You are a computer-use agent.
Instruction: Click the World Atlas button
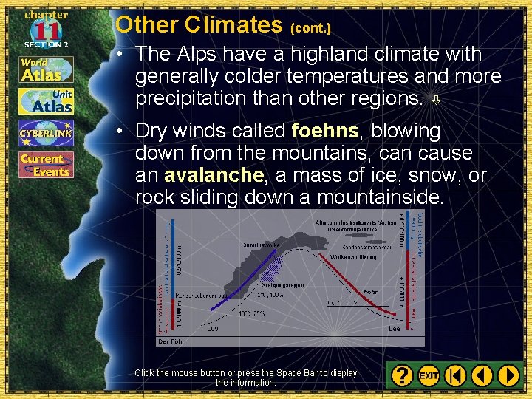46,68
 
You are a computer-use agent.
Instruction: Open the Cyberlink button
46,133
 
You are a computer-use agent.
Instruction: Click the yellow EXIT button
429,375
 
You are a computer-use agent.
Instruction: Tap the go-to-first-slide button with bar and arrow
456,375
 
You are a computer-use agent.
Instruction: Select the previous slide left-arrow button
482,375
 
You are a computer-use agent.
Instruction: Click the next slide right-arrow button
508,375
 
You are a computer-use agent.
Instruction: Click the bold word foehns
324,132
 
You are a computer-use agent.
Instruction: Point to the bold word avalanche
214,176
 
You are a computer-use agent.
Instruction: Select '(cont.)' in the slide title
310,28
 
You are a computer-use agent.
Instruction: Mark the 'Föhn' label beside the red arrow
370,293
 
